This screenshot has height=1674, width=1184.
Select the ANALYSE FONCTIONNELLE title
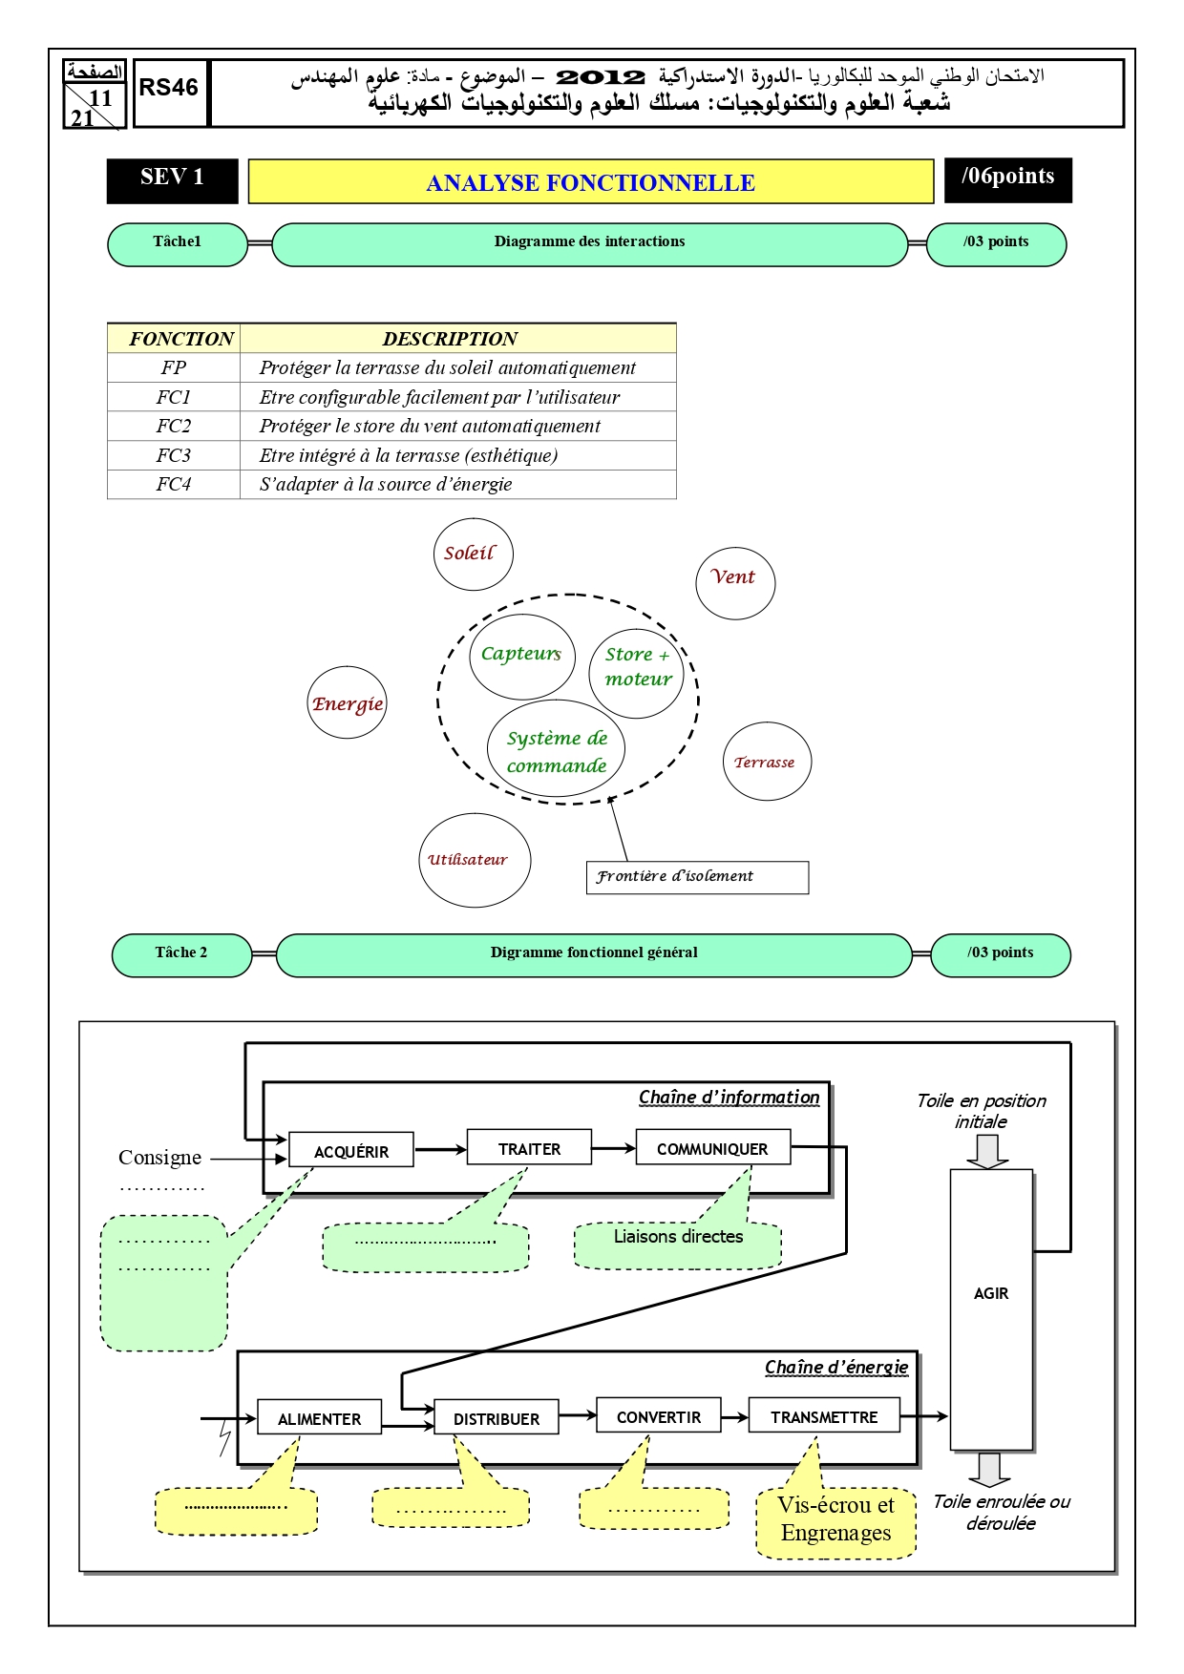591,182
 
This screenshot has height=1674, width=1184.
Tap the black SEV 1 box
172,180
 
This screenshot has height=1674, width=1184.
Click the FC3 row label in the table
174,455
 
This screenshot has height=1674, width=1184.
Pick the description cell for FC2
457,426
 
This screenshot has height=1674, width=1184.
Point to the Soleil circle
473,555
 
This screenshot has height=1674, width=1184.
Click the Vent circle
735,583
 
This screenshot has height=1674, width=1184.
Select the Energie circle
348,702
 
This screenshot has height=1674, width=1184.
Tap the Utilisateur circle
475,860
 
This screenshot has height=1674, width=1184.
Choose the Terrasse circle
767,762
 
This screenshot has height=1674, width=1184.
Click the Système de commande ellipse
558,749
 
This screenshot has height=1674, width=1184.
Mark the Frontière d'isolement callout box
697,877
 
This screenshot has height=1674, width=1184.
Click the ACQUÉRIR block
351,1150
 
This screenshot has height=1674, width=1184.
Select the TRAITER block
529,1148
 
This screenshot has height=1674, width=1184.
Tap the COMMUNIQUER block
712,1148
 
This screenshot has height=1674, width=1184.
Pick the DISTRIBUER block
497,1417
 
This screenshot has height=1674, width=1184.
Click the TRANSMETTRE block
824,1416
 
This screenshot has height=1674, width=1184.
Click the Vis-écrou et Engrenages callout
835,1521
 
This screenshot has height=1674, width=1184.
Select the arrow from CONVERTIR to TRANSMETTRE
735,1417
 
